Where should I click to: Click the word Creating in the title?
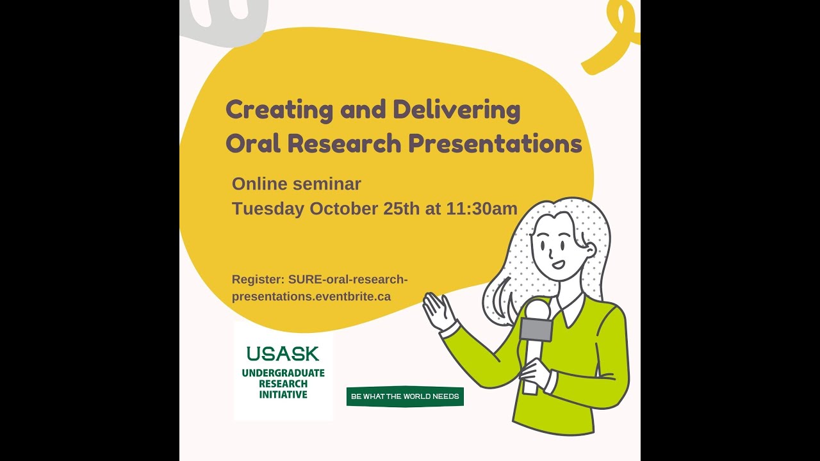(279, 111)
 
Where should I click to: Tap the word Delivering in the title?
(456, 111)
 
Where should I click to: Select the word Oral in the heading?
(253, 143)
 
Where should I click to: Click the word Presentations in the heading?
(495, 143)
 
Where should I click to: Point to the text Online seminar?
(297, 184)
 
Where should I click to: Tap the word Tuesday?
(268, 209)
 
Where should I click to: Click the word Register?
(258, 279)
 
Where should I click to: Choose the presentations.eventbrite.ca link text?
(311, 296)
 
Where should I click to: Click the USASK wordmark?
(283, 353)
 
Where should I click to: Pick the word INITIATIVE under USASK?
(283, 394)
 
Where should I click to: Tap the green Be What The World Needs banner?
(405, 396)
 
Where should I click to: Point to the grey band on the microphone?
(536, 329)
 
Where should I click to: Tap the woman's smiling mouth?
(559, 263)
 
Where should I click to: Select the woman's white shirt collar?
(572, 311)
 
